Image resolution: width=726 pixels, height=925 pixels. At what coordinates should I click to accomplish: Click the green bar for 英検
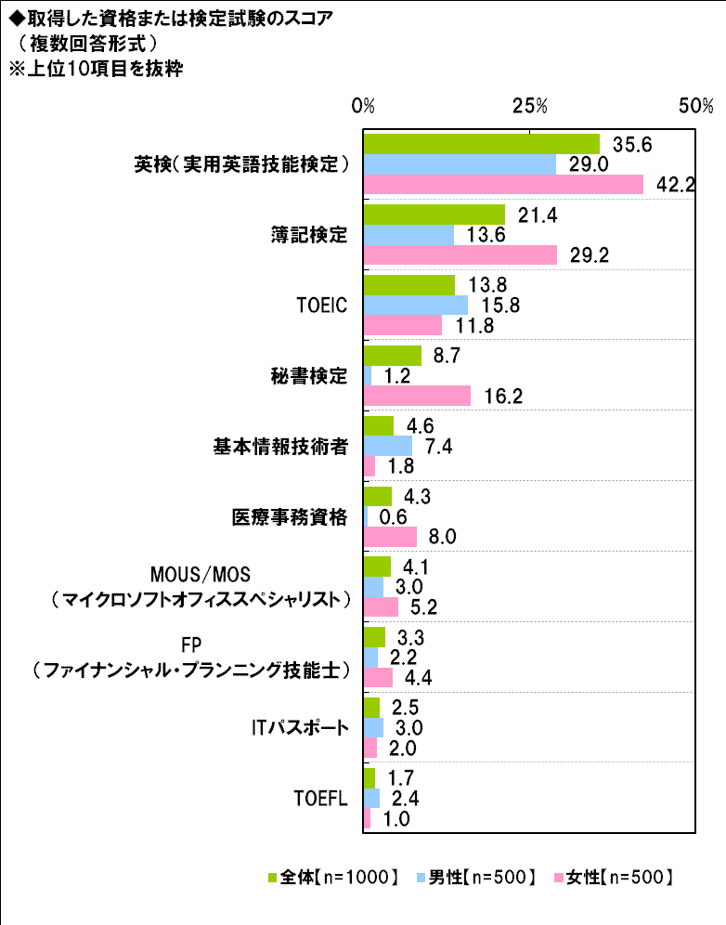click(481, 144)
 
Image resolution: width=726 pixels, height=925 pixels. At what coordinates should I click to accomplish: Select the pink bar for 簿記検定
click(460, 255)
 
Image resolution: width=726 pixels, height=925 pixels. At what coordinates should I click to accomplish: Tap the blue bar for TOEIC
click(415, 305)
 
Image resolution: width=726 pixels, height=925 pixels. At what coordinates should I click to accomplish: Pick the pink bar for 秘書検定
click(417, 397)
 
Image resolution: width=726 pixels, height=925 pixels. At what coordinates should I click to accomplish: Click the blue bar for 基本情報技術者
click(387, 447)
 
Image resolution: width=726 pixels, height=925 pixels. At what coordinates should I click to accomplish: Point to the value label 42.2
click(675, 185)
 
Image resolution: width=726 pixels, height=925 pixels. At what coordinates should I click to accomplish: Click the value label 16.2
click(503, 397)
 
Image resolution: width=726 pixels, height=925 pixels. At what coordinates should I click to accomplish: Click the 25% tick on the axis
click(529, 106)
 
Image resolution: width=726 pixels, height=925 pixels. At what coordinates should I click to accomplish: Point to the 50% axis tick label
click(695, 106)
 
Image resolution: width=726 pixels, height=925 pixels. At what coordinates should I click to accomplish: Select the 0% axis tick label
click(363, 106)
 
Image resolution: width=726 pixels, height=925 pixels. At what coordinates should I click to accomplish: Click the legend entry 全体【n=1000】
click(332, 877)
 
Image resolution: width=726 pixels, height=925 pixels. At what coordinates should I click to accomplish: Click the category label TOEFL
click(320, 799)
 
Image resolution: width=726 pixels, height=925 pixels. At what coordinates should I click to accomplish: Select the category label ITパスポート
click(303, 728)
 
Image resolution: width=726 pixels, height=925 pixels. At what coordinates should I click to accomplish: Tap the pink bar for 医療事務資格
click(390, 537)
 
